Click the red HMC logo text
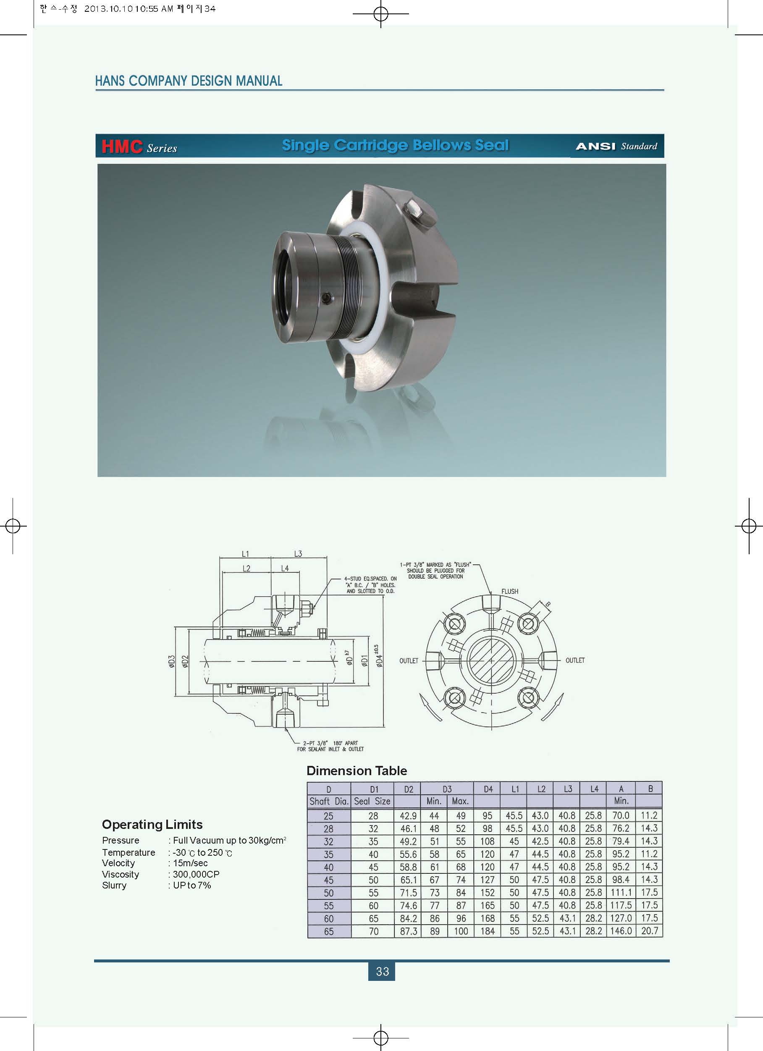[122, 147]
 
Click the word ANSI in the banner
[595, 147]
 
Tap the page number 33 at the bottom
[383, 971]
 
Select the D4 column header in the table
[488, 789]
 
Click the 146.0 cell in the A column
[621, 930]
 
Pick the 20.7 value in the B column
[650, 930]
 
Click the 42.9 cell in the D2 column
[408, 815]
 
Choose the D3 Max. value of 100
[461, 930]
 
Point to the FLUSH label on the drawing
[509, 591]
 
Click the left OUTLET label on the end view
[409, 661]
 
